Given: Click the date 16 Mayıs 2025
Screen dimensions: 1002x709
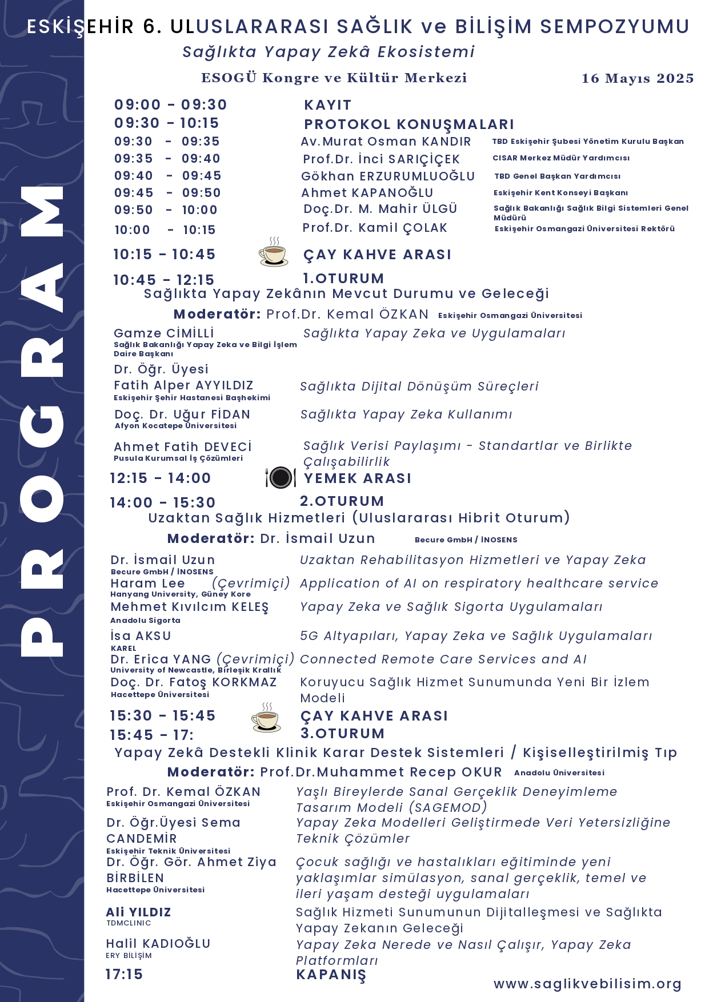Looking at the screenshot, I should click(x=638, y=79).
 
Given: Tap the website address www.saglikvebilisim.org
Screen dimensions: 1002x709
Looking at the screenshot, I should click(x=587, y=984).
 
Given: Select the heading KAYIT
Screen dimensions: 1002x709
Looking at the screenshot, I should click(x=327, y=105).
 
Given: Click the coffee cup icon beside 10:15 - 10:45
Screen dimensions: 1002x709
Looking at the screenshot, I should click(x=274, y=253).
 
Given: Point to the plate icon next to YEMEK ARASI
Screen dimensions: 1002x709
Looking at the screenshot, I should click(x=281, y=477).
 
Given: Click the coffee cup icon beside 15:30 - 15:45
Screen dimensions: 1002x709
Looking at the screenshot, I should click(x=266, y=718).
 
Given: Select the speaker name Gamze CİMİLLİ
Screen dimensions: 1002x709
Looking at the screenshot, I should click(x=164, y=333).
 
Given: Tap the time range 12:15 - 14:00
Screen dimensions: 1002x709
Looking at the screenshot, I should click(x=160, y=478).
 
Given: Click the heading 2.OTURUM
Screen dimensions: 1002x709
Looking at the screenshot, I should click(x=342, y=501).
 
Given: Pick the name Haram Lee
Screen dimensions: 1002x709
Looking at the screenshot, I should click(x=147, y=584).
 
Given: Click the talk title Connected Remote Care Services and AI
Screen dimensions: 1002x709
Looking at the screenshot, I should click(x=443, y=659).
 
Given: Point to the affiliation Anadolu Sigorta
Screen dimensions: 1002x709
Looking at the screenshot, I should click(x=145, y=621).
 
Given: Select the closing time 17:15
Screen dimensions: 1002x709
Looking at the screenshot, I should click(x=124, y=975).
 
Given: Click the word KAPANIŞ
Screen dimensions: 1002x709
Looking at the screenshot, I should click(x=331, y=975).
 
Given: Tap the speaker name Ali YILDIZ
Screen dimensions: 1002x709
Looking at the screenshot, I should click(x=139, y=912).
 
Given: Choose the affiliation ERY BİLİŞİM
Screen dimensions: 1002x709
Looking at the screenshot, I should click(x=129, y=956).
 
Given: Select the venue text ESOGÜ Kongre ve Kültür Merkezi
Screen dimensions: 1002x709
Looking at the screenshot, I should click(x=334, y=78).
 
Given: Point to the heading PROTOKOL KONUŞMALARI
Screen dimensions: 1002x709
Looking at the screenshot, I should click(x=408, y=124).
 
